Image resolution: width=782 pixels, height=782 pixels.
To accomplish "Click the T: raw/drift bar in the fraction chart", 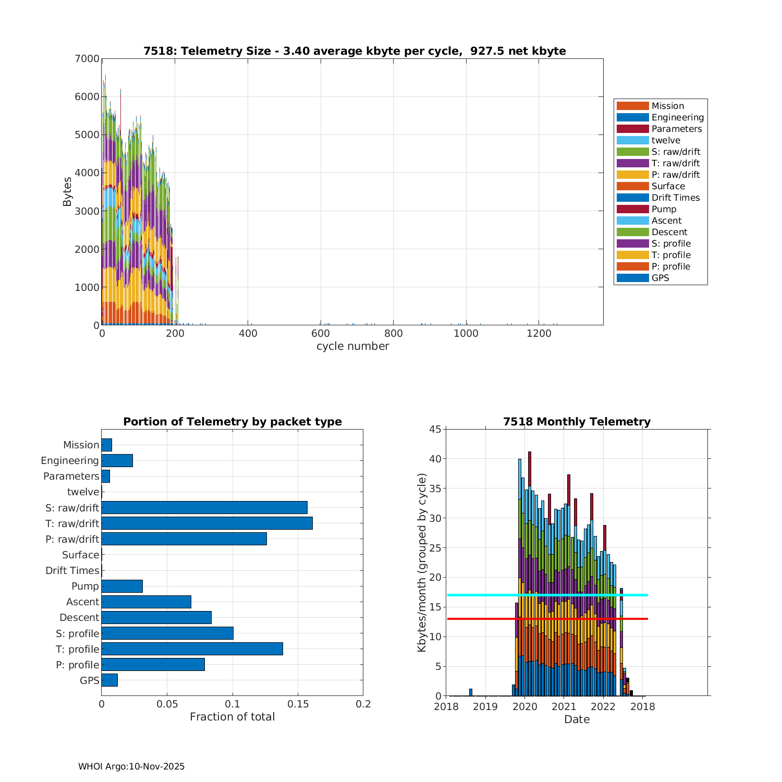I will [207, 523].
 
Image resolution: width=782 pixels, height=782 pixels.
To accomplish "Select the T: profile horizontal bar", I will [192, 649].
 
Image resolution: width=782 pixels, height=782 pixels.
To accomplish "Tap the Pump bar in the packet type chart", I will [122, 586].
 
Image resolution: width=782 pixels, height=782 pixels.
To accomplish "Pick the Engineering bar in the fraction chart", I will [117, 460].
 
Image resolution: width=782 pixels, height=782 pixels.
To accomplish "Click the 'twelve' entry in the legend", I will [666, 140].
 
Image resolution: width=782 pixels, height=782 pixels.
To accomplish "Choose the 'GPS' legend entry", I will [660, 278].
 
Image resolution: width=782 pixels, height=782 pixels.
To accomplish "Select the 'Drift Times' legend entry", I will [676, 198].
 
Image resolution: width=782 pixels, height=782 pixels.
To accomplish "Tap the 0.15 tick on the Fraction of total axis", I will [298, 704].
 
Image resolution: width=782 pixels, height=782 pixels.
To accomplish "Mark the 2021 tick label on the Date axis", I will [564, 706].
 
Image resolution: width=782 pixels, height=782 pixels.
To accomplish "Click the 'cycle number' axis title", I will [352, 346].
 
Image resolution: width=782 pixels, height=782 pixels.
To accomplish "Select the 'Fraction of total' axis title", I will [232, 717].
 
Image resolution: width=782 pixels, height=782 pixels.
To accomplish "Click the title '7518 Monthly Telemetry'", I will [577, 422].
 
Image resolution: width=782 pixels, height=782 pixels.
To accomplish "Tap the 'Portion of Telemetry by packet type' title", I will [232, 422].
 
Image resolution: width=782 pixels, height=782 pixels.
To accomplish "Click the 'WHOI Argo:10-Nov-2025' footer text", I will [131, 766].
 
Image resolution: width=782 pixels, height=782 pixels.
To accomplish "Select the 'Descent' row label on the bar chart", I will [79, 617].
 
